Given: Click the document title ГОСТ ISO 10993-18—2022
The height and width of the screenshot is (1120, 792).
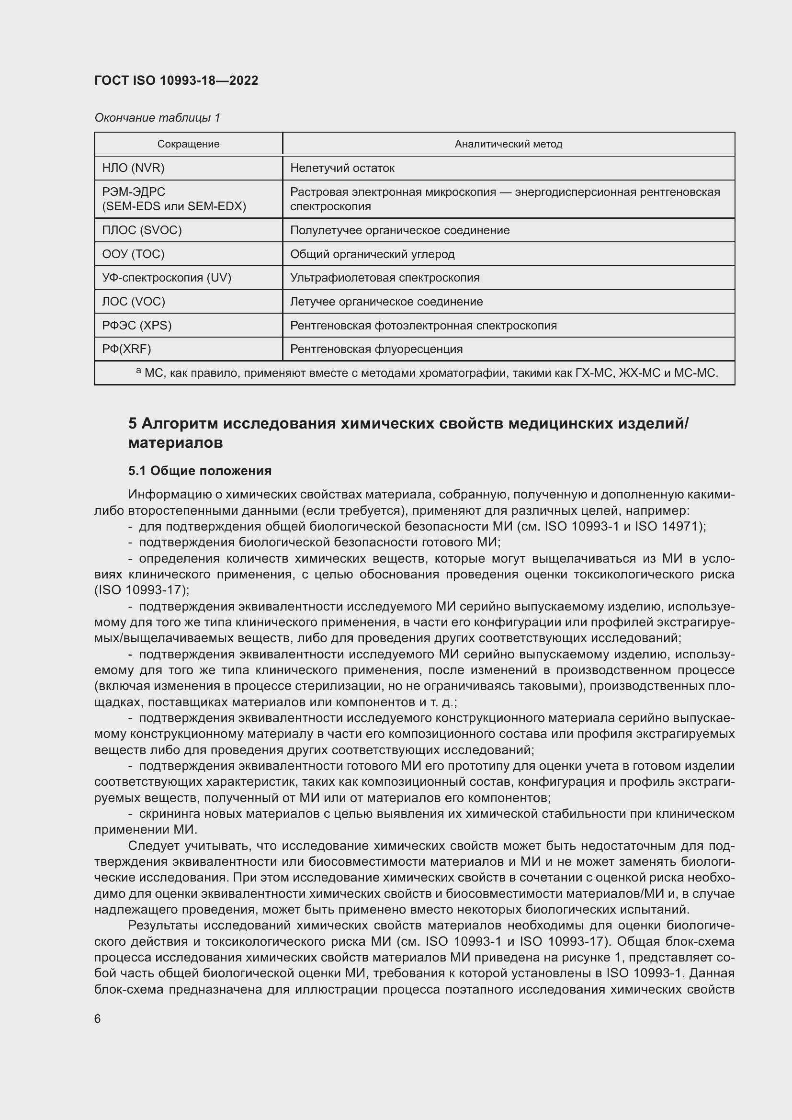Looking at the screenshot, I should pos(176,80).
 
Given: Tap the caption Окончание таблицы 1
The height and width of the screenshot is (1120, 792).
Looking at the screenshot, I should pos(157,118).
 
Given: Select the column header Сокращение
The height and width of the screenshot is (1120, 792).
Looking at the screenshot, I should pos(188,144).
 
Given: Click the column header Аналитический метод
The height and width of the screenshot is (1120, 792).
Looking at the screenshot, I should pos(508,144).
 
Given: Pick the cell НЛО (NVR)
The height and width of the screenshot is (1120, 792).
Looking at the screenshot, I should pos(133,168).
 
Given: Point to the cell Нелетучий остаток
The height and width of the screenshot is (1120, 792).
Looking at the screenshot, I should pos(342,168).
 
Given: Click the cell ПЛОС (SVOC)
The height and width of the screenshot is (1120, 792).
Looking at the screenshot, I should pos(141,230).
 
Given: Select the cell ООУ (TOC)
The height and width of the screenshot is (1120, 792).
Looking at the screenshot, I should pos(133,254).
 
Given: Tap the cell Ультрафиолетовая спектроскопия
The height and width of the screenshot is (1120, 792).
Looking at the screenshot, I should pos(385,278).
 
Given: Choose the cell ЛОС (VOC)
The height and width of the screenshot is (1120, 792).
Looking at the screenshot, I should pos(134,302).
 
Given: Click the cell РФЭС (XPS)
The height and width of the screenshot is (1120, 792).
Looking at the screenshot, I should pos(136,325).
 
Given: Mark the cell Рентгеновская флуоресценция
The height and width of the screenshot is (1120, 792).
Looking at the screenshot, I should pos(376,349).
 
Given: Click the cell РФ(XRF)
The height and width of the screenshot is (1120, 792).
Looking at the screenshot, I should pos(126,349).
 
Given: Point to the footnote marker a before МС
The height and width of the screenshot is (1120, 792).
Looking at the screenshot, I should pos(138,371).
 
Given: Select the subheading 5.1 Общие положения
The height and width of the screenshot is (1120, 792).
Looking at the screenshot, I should pos(200,471).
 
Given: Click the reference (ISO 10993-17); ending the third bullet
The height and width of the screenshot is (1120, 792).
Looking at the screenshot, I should pos(141,590).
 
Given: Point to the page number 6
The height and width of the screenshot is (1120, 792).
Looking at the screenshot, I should pos(98,1018).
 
